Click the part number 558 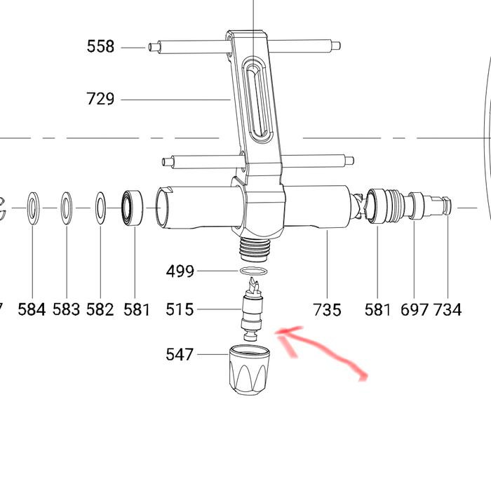point(100,47)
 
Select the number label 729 point(100,99)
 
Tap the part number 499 point(180,271)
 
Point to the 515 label point(180,309)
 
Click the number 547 point(180,355)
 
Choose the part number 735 point(328,309)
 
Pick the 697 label point(415,309)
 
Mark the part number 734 point(448,309)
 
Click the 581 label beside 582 point(137,309)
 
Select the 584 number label point(32,309)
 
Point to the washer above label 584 point(33,208)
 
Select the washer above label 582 point(100,208)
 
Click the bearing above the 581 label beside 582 point(133,208)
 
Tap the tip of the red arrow point(280,332)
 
